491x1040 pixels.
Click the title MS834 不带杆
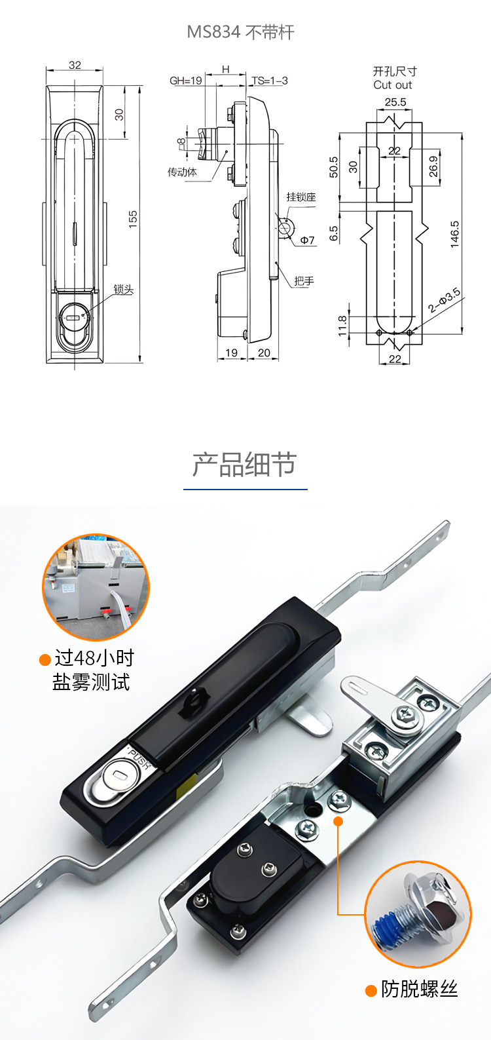[x=241, y=32]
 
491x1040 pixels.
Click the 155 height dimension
[x=133, y=219]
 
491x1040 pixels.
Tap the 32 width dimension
[x=75, y=65]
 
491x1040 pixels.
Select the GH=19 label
[x=186, y=81]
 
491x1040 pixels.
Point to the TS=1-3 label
[x=270, y=81]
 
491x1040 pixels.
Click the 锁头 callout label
[x=124, y=290]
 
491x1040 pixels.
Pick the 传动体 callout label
[x=182, y=172]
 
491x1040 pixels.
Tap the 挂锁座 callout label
[x=301, y=197]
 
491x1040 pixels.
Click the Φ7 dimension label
[x=308, y=240]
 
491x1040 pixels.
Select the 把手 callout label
[x=304, y=281]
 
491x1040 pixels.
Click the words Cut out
[x=393, y=85]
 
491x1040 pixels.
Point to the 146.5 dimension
[x=454, y=233]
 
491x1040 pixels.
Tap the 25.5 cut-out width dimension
[x=395, y=102]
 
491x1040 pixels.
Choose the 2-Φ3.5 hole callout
[x=444, y=300]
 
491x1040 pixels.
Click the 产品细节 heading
[x=245, y=464]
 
